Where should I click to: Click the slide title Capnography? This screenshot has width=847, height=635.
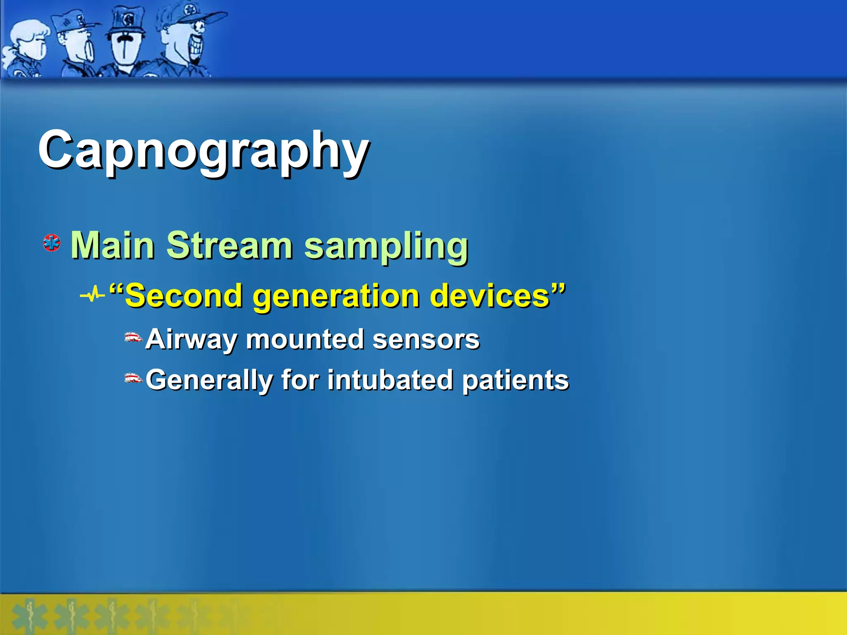click(x=203, y=151)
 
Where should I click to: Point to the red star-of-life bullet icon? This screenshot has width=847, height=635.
click(x=52, y=243)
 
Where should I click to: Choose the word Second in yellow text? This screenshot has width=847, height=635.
click(x=184, y=296)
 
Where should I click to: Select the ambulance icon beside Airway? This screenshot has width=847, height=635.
click(x=133, y=337)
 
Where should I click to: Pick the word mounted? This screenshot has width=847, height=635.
click(x=305, y=339)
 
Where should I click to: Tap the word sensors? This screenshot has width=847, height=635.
click(x=426, y=339)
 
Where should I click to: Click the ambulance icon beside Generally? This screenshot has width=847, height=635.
click(x=133, y=378)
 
